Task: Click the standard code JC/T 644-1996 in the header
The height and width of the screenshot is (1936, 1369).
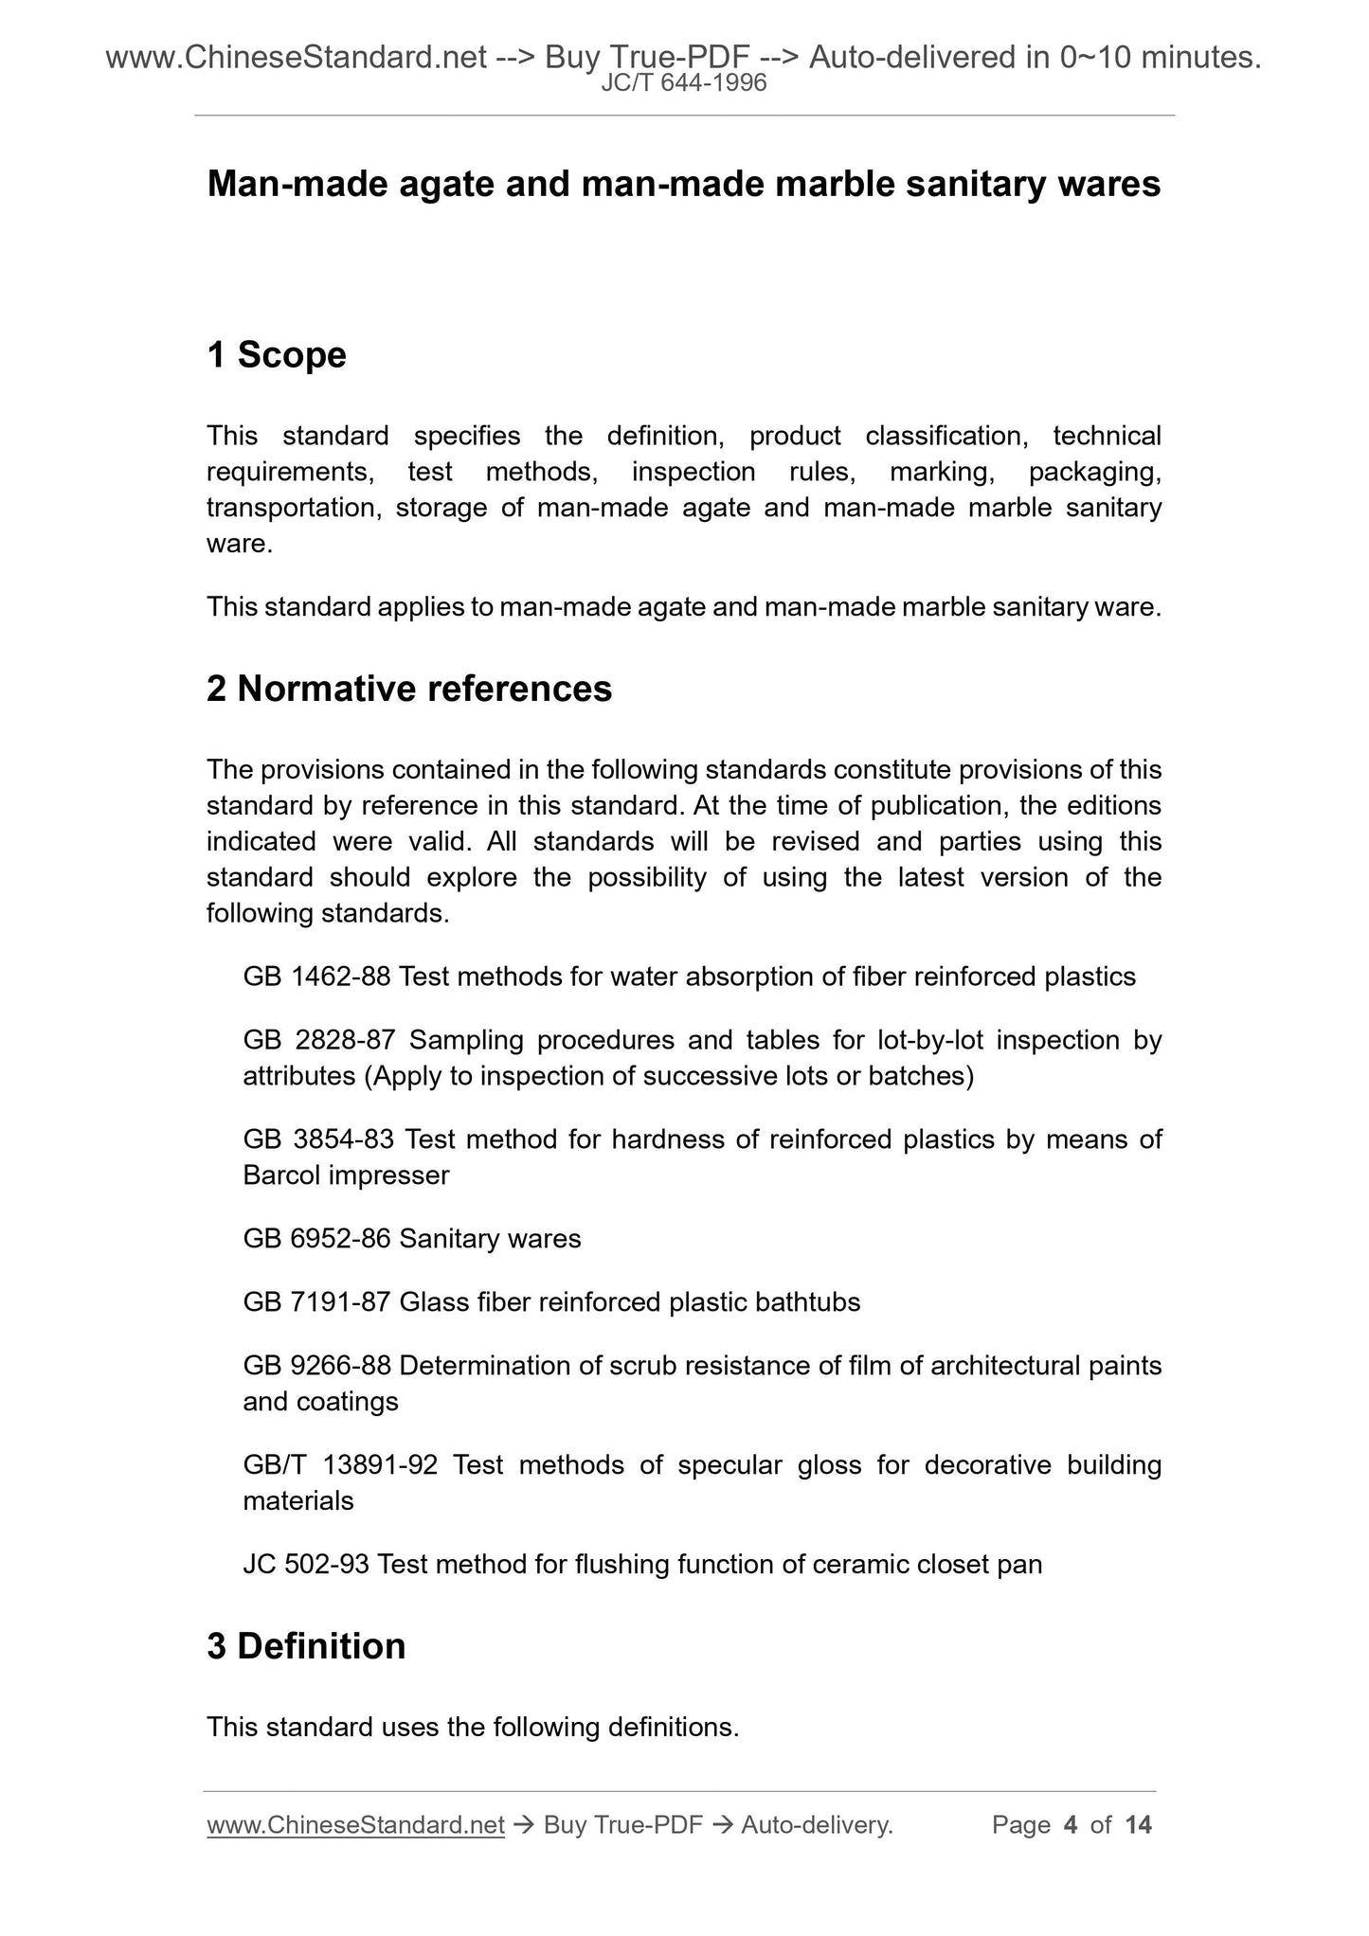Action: point(684,84)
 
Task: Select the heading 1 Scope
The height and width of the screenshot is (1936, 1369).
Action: point(277,355)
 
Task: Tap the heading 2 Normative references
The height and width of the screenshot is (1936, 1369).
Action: point(409,689)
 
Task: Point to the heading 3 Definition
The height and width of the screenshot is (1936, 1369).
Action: point(306,1646)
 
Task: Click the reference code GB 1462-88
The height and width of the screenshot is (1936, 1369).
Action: point(316,977)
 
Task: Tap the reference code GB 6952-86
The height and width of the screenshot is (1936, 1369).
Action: point(316,1239)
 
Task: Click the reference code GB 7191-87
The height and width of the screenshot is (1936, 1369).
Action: point(316,1302)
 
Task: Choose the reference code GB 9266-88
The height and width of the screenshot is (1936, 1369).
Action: point(316,1366)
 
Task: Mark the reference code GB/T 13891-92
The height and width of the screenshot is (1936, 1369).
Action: point(340,1465)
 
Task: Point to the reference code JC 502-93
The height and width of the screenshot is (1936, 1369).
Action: point(306,1564)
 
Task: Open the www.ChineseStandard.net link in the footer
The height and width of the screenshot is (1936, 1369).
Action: point(355,1825)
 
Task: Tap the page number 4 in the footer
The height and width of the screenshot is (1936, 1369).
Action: point(1071,1825)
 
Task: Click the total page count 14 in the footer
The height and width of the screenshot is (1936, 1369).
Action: point(1138,1825)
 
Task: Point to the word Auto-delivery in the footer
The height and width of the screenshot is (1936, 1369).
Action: point(817,1825)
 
